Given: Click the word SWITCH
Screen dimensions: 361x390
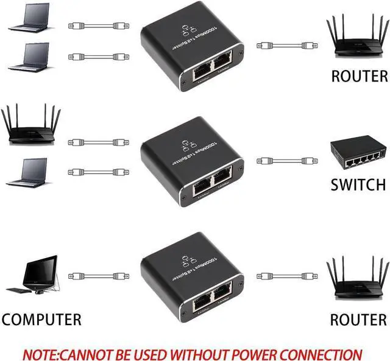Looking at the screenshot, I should (x=358, y=184).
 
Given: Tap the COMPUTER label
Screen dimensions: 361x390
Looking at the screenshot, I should (x=41, y=319).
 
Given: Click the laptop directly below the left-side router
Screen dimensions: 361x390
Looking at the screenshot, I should (x=27, y=172).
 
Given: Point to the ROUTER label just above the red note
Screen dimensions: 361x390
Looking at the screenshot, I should (x=358, y=319).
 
